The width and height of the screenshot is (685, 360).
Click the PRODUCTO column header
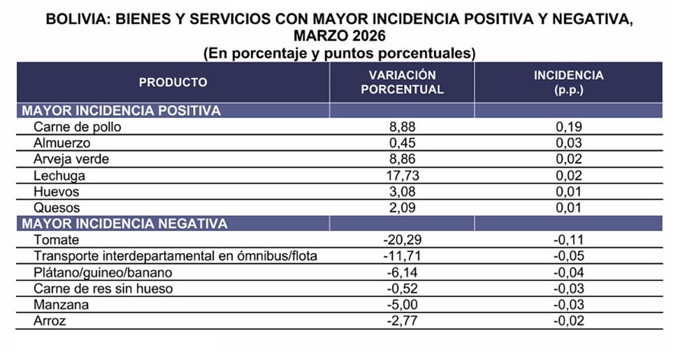173,82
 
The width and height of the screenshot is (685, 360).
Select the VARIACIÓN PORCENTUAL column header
402,82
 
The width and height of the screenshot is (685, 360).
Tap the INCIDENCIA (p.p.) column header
568,82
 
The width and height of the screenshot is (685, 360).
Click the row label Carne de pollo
78,127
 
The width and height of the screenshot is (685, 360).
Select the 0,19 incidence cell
568,127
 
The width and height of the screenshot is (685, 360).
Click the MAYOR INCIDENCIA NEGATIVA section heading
125,224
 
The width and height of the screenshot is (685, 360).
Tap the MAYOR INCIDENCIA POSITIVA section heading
122,110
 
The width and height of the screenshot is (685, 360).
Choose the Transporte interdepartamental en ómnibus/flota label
175,256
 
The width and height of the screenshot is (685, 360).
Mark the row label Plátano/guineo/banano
103,272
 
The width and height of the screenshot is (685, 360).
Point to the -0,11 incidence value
568,240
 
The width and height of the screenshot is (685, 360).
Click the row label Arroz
50,321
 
